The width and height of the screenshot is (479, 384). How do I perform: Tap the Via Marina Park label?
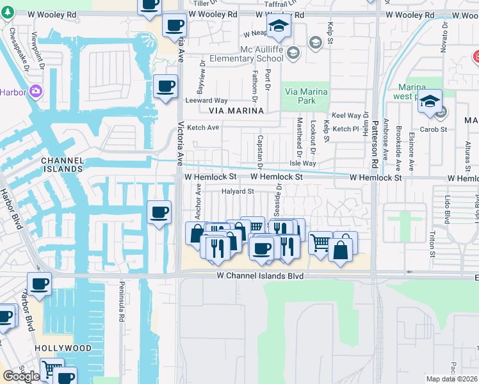305,97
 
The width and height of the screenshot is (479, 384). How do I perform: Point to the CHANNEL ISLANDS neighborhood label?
62,164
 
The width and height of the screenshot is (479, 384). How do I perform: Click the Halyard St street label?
238,191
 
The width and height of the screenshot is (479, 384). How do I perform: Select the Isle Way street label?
303,164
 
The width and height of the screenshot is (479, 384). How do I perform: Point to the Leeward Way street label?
206,100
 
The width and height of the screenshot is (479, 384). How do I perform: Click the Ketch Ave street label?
203,128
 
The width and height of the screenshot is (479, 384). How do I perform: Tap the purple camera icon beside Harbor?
35,92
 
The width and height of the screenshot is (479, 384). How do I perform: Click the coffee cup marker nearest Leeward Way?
165,86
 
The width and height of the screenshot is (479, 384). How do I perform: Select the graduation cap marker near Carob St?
430,100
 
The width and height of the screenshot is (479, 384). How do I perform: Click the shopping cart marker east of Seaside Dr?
320,243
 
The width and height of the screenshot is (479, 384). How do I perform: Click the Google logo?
21,376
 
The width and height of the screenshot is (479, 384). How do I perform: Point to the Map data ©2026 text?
451,379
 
